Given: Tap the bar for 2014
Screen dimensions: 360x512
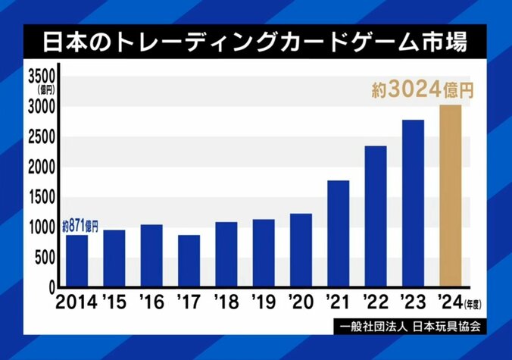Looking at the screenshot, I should pos(77,261).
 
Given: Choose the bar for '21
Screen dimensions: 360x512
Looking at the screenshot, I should pos(338,235).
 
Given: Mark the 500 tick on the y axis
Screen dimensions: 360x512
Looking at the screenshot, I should pos(44,258).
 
